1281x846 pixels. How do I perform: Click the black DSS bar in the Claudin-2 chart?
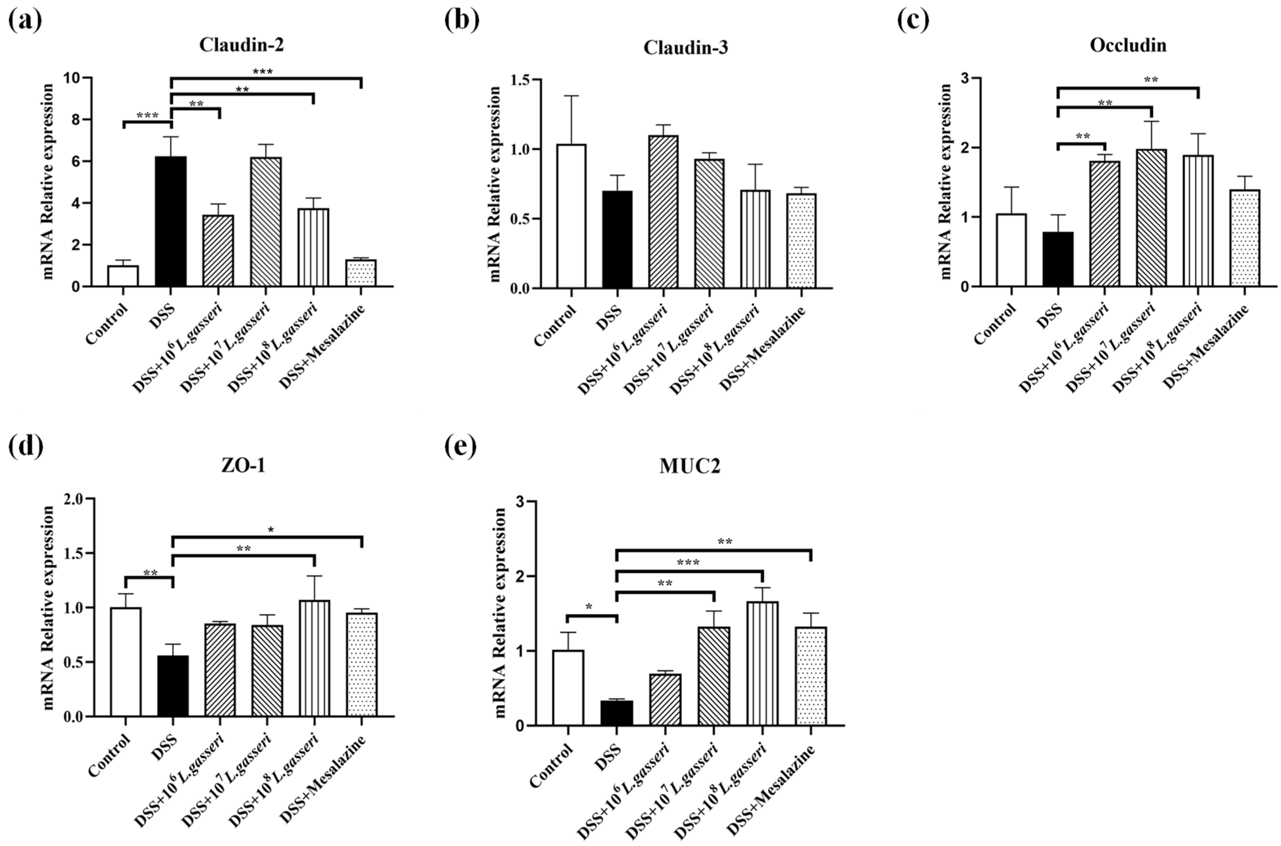pos(171,221)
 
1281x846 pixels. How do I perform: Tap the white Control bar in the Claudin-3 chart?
pos(571,216)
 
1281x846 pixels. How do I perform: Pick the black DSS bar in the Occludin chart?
pos(1058,259)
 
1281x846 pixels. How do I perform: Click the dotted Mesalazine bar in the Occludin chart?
pos(1244,237)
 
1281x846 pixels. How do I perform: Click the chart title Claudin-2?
pos(241,45)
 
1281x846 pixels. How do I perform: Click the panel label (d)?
pos(25,446)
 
